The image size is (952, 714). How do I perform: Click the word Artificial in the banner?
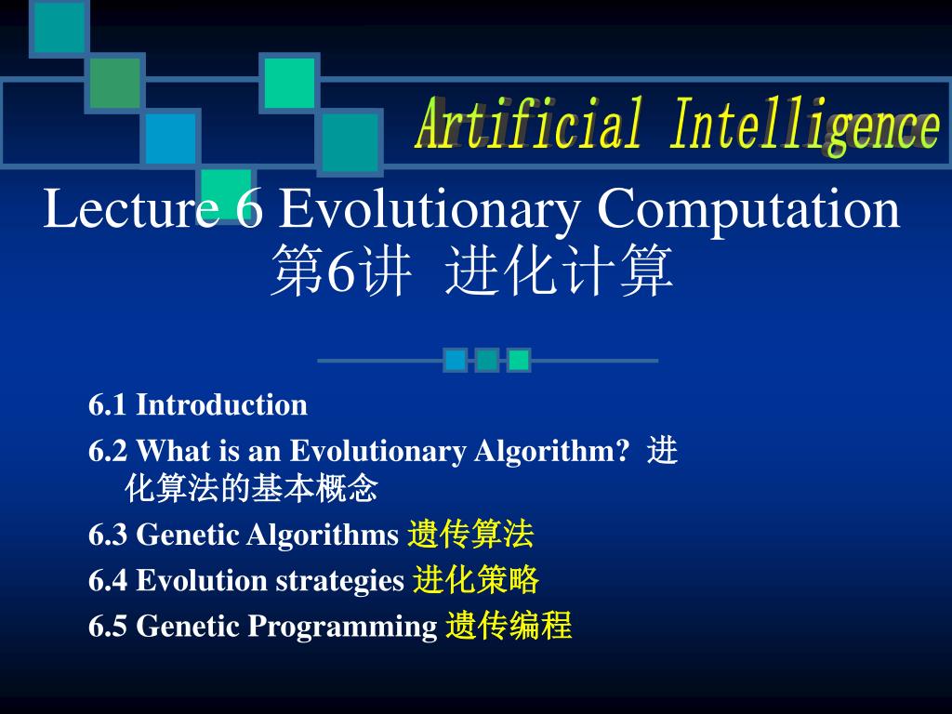point(528,124)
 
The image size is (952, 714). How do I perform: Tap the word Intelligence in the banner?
point(805,126)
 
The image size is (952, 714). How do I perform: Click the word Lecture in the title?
point(131,208)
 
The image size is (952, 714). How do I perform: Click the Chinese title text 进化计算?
point(559,271)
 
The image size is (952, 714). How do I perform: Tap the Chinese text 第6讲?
point(340,271)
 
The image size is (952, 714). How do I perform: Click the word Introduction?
point(221,405)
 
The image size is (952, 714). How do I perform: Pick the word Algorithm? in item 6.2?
point(552,452)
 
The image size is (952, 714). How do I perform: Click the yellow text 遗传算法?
point(470,535)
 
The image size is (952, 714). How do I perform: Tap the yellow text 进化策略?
point(476,579)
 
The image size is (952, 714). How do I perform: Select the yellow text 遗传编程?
point(509,626)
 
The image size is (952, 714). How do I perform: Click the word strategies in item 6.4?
point(340,582)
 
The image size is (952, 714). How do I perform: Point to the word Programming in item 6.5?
point(342,628)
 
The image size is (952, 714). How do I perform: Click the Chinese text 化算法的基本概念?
point(251,488)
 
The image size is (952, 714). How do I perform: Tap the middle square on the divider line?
point(487,360)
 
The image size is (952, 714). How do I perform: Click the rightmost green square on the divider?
point(519,360)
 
